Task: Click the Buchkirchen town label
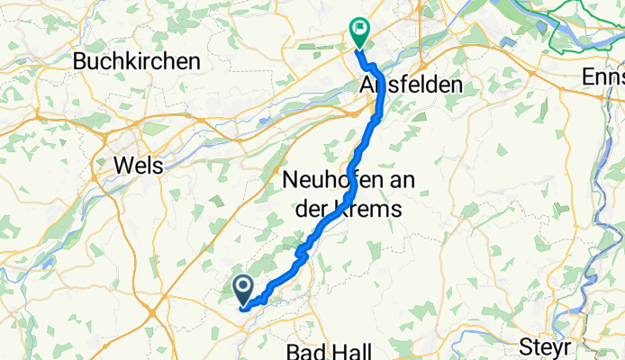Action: [137, 61]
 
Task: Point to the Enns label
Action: [602, 78]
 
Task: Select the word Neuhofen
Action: [338, 180]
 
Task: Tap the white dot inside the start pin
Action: [244, 286]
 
